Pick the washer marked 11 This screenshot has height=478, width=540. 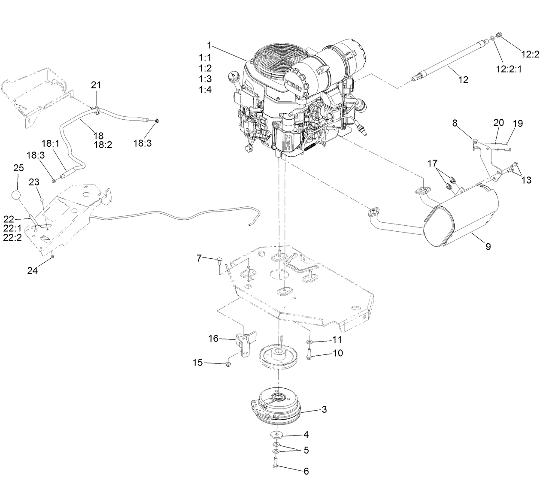click(x=309, y=341)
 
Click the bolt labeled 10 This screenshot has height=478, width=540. click(x=309, y=354)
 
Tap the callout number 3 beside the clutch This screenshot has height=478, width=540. click(x=324, y=409)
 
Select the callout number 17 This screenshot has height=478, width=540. click(x=432, y=163)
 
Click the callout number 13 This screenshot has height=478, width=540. click(x=526, y=180)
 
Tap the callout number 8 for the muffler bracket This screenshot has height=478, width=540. click(x=455, y=123)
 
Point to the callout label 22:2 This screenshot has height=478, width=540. click(x=12, y=237)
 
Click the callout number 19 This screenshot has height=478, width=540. click(x=518, y=124)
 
